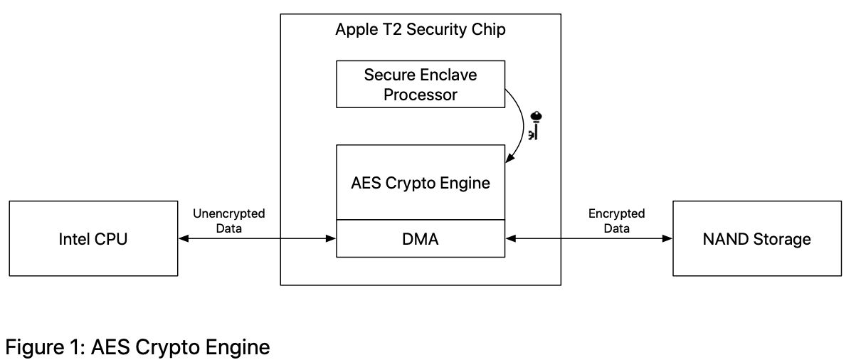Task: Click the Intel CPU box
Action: click(x=93, y=238)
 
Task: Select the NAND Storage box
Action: click(x=756, y=238)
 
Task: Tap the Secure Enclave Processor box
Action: click(x=420, y=84)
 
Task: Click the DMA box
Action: click(x=420, y=239)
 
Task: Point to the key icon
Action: click(x=535, y=125)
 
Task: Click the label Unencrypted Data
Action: click(x=228, y=221)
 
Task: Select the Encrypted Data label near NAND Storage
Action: click(x=616, y=221)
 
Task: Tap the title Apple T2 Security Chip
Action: click(x=420, y=31)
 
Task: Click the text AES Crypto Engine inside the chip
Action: click(x=420, y=183)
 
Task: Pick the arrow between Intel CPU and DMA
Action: click(x=257, y=239)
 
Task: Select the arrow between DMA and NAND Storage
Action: click(x=588, y=239)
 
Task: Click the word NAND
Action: click(x=726, y=238)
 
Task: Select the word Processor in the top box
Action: click(x=420, y=94)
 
